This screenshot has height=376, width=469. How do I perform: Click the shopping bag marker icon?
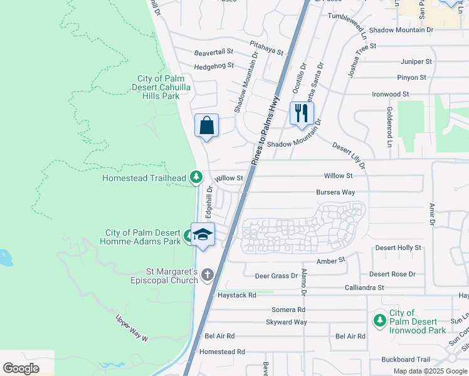click(x=206, y=125)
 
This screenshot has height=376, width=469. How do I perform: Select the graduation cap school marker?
click(x=203, y=235)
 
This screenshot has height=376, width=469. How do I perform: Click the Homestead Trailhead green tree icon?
click(x=196, y=178)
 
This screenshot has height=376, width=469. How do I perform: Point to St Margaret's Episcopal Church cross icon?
click(x=208, y=275)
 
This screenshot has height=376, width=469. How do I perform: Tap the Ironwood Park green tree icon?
click(x=379, y=321)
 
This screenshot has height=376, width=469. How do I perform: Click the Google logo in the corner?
click(x=21, y=368)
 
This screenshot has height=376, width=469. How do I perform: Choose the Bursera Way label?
click(x=335, y=192)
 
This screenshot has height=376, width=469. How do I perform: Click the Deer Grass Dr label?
click(x=276, y=276)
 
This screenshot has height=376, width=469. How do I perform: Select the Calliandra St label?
click(x=364, y=287)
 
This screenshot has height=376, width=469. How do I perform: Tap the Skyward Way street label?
click(x=287, y=322)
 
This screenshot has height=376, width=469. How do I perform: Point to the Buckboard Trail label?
click(x=406, y=360)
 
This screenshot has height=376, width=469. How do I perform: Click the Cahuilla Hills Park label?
click(x=163, y=88)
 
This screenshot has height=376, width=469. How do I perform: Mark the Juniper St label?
click(x=416, y=62)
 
